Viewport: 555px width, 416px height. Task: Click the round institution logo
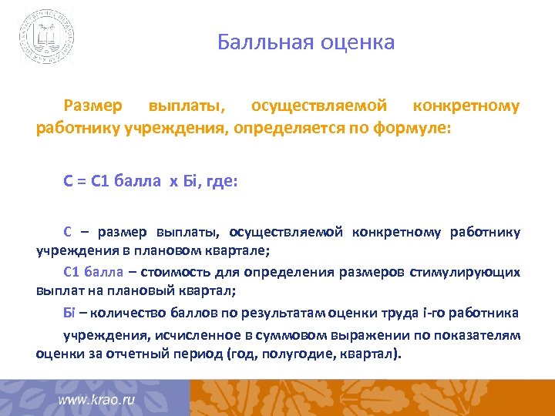[x=47, y=36]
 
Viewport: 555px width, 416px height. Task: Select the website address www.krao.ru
[x=96, y=401]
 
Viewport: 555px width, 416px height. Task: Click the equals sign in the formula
[x=80, y=182]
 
